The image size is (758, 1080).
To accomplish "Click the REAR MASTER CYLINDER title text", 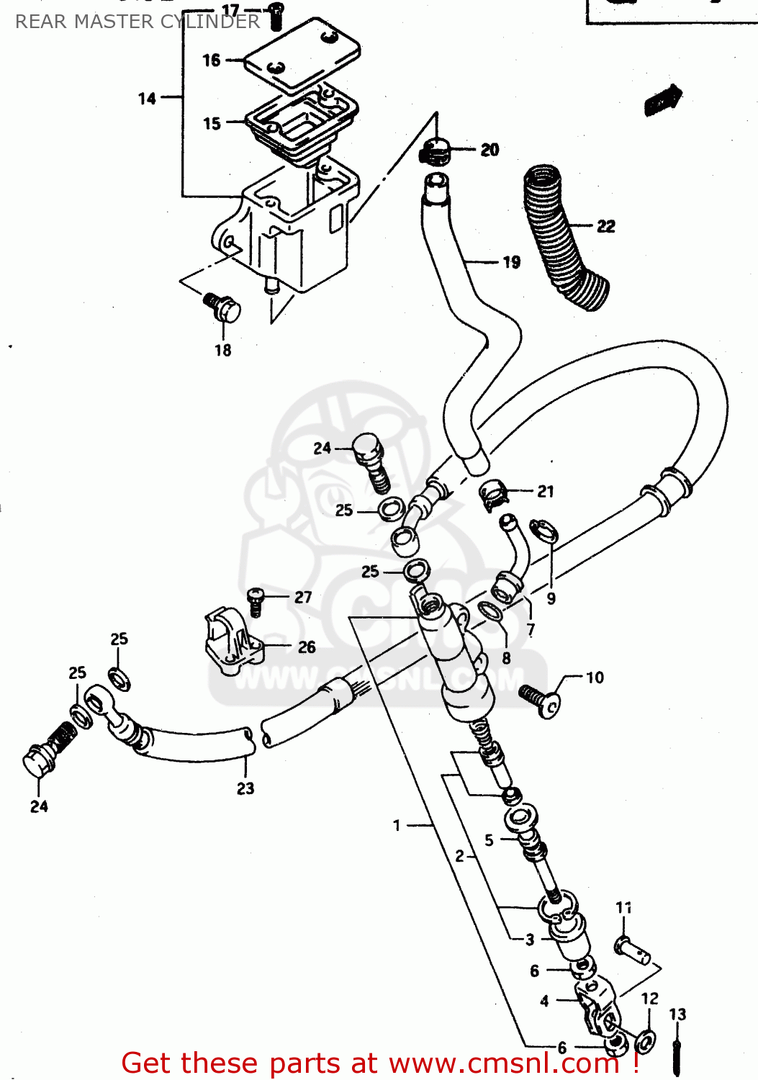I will point(137,22).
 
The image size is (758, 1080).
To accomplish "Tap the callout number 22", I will point(606,226).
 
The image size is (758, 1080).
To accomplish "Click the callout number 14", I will point(147,99).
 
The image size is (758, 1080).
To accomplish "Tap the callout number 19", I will point(511,262).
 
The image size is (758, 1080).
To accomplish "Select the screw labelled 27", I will point(256,600).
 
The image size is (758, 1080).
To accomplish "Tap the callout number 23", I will point(245,788).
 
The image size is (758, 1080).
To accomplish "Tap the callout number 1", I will point(397,825).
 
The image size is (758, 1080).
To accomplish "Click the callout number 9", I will point(551,598).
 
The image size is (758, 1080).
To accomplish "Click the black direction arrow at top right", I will point(662,99).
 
